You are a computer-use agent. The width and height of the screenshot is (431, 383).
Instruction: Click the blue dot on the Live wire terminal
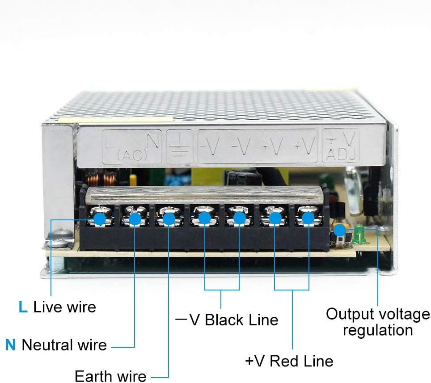coord(100,219)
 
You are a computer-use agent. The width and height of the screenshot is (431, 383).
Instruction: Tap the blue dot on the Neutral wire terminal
coord(135,219)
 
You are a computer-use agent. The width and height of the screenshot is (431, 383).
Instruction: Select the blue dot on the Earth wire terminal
coord(169,219)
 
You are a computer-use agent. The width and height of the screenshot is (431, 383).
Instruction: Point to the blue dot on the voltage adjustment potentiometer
coord(340,230)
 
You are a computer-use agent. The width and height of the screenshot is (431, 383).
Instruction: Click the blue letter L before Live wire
coord(23,307)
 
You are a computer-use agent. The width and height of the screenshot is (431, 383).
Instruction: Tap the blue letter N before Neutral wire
coord(10,345)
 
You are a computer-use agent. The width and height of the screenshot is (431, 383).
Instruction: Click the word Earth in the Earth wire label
coord(94,375)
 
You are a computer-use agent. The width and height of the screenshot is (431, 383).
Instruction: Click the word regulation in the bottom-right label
coord(378,331)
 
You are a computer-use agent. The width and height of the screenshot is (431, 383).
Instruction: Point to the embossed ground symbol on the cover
coord(180,147)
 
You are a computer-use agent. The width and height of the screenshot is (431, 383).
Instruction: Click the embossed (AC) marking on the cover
coord(131,156)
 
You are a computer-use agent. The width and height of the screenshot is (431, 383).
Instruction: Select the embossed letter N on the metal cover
coord(152,141)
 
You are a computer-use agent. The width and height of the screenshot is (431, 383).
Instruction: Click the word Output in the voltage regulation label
coord(347,314)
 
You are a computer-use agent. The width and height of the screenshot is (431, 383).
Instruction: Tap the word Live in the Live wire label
coord(47,307)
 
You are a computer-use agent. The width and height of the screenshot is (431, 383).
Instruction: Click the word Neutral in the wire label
coord(47,345)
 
